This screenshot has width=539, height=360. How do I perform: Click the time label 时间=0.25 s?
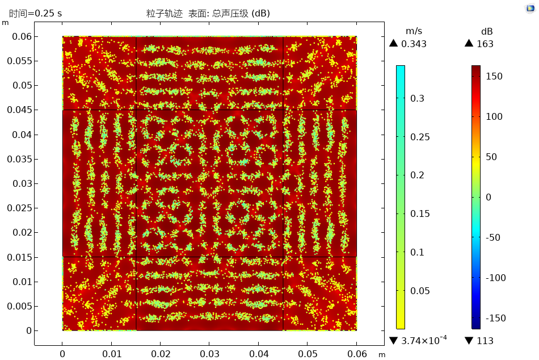[x=35, y=13]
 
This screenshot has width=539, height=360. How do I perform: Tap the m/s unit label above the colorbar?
[x=414, y=30]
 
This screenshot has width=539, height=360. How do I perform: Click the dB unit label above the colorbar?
[x=487, y=30]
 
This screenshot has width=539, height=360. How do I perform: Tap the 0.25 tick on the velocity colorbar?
[x=420, y=137]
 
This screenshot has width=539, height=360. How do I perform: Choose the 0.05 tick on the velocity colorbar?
[x=420, y=291]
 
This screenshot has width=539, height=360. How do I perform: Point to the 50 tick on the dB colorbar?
[x=492, y=157]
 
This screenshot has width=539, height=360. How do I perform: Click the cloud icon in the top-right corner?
[x=529, y=9]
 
